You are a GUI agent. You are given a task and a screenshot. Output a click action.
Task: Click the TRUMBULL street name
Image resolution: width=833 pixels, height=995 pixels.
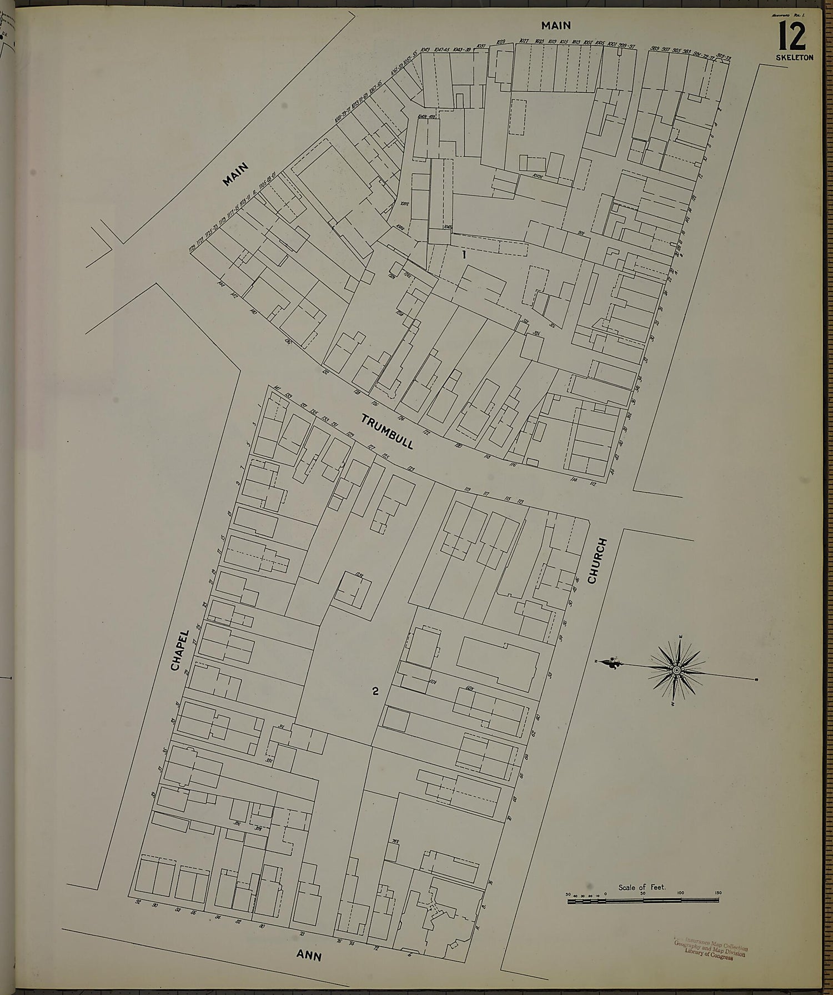click(387, 431)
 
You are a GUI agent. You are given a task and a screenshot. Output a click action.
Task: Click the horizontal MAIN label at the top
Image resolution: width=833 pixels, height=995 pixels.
click(556, 25)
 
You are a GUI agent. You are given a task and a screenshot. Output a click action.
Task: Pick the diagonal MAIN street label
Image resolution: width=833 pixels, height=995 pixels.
click(235, 174)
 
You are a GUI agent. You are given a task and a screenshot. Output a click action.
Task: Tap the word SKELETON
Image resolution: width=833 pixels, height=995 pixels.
click(795, 58)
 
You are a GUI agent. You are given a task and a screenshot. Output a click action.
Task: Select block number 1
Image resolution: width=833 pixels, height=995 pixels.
click(464, 255)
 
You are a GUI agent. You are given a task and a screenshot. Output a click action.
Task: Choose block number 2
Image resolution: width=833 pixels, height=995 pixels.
click(376, 691)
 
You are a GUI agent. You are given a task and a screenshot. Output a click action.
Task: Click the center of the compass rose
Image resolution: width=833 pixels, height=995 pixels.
click(677, 671)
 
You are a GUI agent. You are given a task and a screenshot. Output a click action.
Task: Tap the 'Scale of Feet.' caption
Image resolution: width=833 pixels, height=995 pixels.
click(642, 887)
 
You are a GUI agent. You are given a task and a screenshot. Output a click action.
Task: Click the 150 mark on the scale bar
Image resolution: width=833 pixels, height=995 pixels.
click(717, 893)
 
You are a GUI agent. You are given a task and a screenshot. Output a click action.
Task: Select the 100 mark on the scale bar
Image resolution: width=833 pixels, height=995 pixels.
click(680, 893)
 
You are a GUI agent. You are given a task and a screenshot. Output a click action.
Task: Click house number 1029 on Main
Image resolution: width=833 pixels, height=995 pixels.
click(500, 42)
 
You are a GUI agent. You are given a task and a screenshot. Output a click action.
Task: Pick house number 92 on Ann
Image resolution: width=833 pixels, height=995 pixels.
click(139, 902)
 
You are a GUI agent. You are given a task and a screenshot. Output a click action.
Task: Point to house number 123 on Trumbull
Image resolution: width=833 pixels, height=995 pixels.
click(412, 469)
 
